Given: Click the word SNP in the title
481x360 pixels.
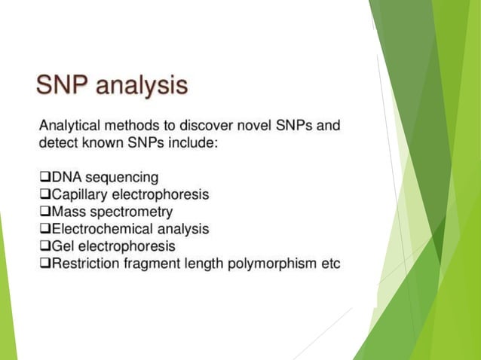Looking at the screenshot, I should [64, 86].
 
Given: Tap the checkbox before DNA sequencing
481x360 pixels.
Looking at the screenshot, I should [44, 178].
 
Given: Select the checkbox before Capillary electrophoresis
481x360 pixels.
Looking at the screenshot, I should [44, 194].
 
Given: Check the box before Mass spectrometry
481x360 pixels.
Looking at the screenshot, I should [44, 212].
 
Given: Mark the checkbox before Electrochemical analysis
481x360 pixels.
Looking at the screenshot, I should [44, 229].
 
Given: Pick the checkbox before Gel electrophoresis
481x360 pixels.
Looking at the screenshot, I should [44, 246].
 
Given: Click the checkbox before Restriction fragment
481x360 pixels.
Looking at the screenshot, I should [44, 264].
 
